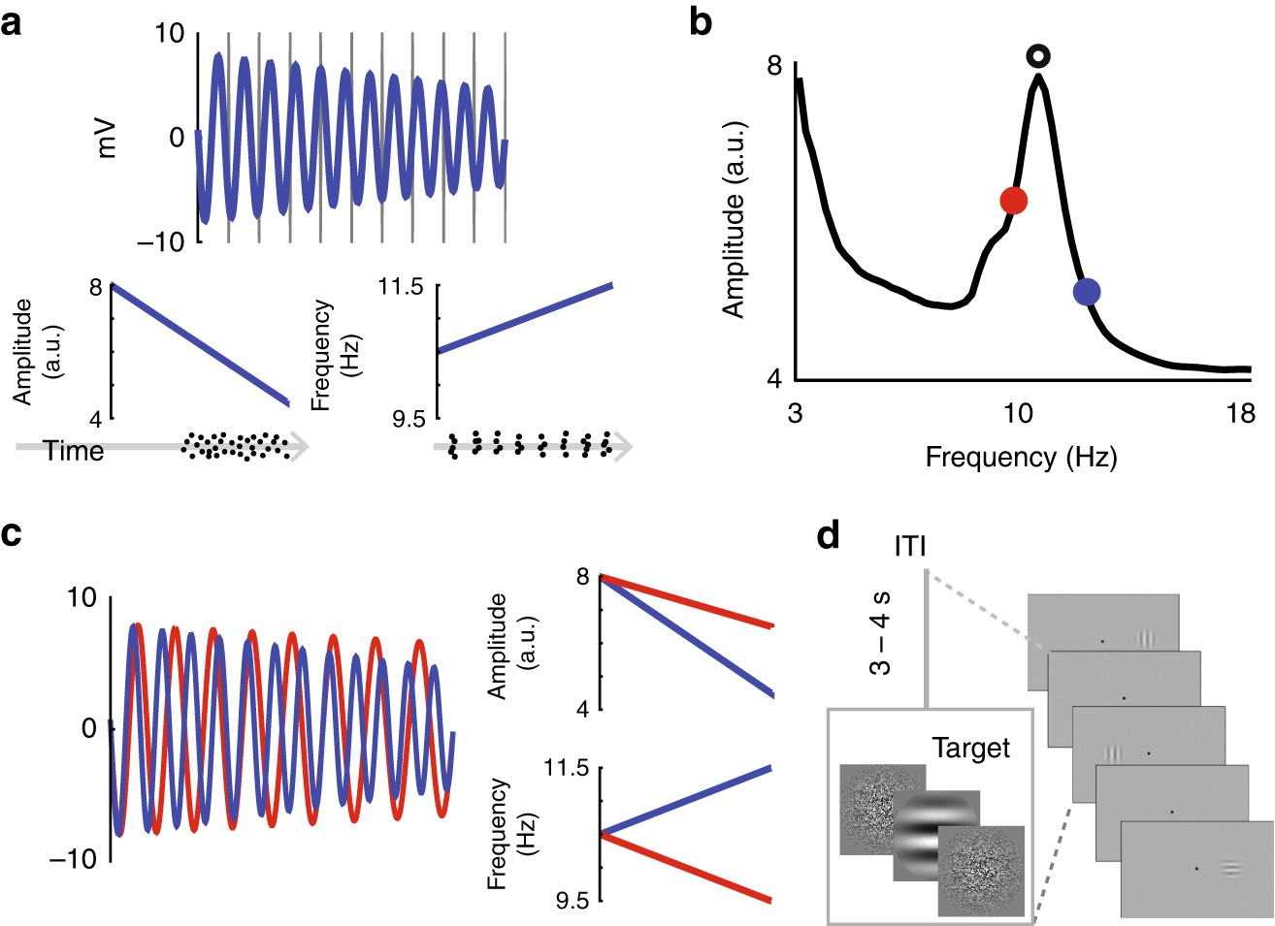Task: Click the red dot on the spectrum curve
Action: (x=1013, y=201)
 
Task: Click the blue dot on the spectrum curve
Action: (x=1087, y=291)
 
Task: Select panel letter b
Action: (x=700, y=21)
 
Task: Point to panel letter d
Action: (x=828, y=534)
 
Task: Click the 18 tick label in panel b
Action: (x=1240, y=414)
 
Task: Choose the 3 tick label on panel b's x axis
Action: (x=795, y=414)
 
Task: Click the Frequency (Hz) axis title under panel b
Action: (x=1021, y=457)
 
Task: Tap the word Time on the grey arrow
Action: (x=74, y=451)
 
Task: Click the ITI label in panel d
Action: (x=910, y=546)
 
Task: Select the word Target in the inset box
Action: (x=970, y=749)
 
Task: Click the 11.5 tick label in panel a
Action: (x=402, y=287)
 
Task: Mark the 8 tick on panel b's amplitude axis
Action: (x=773, y=66)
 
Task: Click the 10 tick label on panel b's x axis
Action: (x=1017, y=414)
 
